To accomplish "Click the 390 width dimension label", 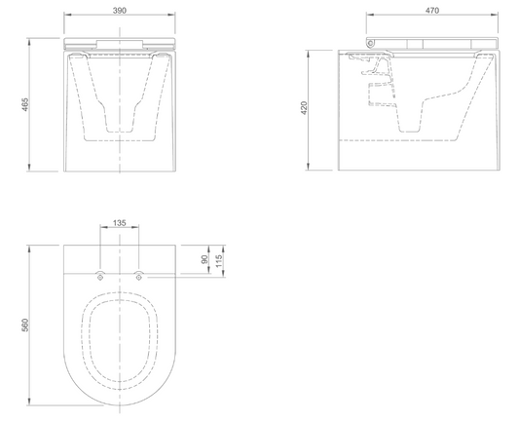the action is tap(120, 11).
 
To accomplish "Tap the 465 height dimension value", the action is tap(25, 104).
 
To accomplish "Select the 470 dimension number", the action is tap(432, 11).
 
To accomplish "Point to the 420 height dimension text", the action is tap(304, 108).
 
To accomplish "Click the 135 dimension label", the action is tap(120, 223).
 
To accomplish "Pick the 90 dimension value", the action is tap(204, 259).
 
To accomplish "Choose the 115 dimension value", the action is tap(218, 261).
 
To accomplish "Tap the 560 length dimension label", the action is tap(25, 325).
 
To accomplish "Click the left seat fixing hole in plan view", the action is tap(100, 277).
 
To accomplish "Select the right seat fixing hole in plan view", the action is tap(139, 277).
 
